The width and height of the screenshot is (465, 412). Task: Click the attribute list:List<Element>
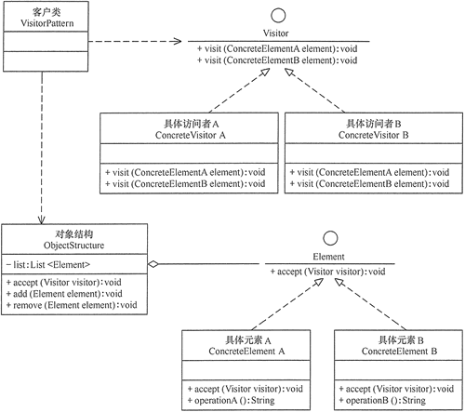59,265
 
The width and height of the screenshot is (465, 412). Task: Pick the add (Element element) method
65,293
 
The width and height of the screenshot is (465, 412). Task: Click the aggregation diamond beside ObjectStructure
155,264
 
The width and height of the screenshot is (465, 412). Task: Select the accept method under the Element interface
326,272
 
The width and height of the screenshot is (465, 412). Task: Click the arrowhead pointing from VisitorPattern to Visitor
176,40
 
